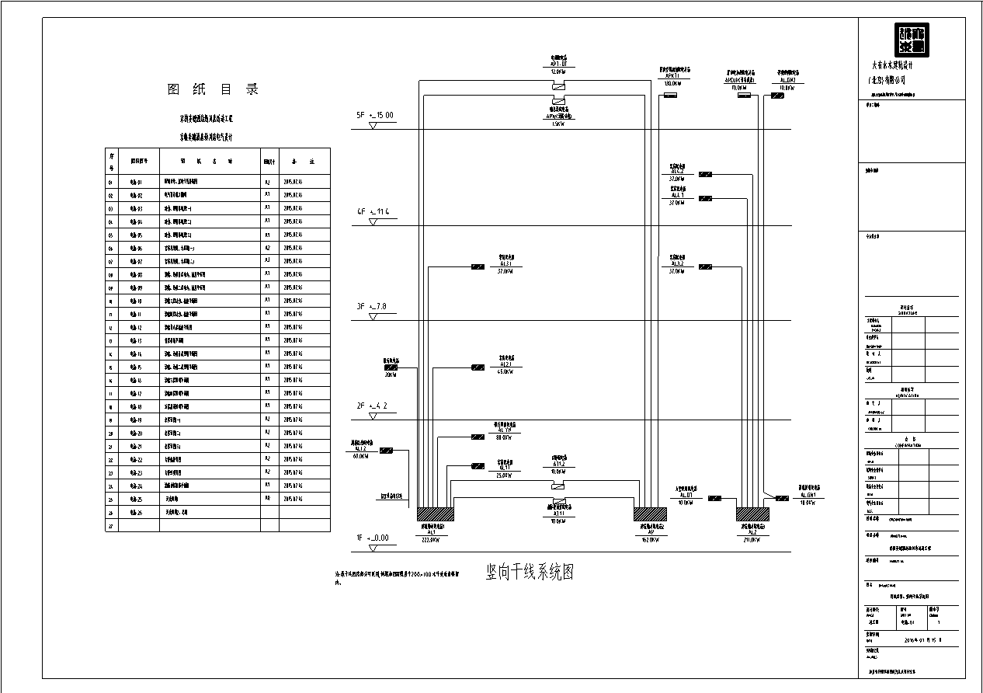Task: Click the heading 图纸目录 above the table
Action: [x=213, y=89]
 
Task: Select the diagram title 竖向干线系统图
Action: [x=530, y=573]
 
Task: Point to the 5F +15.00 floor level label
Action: [x=375, y=116]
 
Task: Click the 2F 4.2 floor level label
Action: [x=372, y=406]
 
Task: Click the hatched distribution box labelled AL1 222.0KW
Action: [x=435, y=514]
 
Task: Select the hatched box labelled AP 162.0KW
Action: [x=650, y=514]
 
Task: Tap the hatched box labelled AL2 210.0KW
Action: [x=752, y=514]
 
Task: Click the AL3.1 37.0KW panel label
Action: [x=505, y=264]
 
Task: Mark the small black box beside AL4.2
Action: [x=705, y=174]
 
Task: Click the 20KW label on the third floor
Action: [x=390, y=374]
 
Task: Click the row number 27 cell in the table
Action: [x=111, y=526]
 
